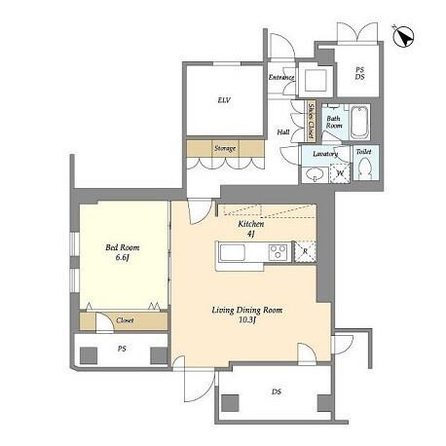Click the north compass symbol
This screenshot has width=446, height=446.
(402, 36)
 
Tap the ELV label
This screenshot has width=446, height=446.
(224, 100)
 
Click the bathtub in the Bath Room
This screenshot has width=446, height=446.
(359, 122)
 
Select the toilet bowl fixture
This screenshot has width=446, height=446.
(366, 167)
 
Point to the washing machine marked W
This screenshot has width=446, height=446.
(340, 173)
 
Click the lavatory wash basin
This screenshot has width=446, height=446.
(314, 174)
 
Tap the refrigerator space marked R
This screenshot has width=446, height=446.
(305, 251)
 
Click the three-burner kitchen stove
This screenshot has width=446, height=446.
(278, 251)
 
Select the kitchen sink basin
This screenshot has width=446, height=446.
(233, 252)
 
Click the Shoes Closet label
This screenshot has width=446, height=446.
(311, 121)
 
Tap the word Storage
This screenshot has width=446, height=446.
(225, 149)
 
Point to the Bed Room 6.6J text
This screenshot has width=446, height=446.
(122, 252)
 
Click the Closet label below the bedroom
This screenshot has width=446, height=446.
(125, 320)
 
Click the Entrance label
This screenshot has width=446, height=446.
(281, 78)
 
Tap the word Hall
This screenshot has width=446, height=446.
(283, 132)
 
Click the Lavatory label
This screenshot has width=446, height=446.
(325, 154)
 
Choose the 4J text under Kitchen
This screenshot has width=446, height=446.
(250, 234)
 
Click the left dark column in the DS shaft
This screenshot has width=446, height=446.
(230, 403)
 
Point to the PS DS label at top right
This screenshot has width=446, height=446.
(359, 73)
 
